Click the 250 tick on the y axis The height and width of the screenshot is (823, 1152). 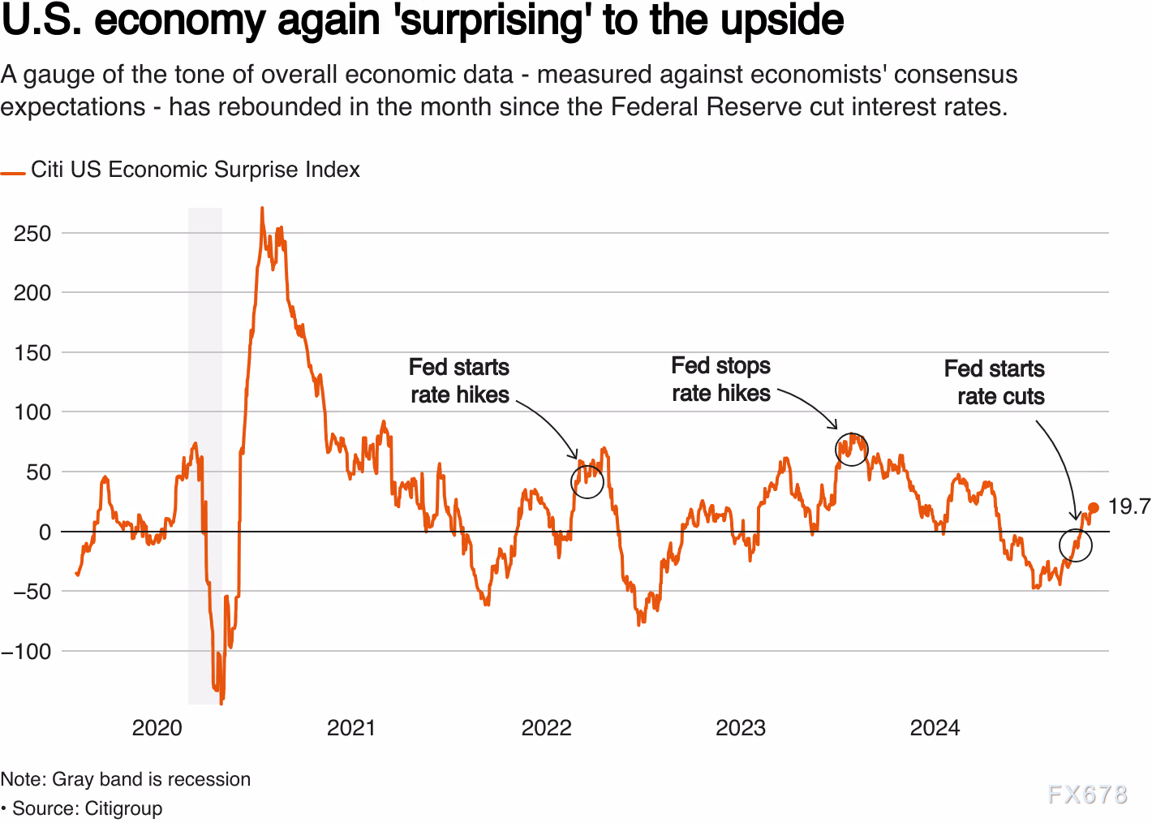pyautogui.click(x=32, y=234)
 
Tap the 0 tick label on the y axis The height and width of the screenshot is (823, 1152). pyautogui.click(x=45, y=532)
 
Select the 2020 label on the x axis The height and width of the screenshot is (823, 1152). pyautogui.click(x=157, y=727)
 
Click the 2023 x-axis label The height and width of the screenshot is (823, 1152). pyautogui.click(x=740, y=727)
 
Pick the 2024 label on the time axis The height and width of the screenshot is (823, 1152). pyautogui.click(x=935, y=727)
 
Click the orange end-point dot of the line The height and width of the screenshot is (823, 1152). pyautogui.click(x=1094, y=508)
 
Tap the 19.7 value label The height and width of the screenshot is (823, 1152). pyautogui.click(x=1128, y=507)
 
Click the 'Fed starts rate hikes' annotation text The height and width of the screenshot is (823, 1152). pyautogui.click(x=459, y=381)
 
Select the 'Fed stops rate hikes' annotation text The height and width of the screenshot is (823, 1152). pyautogui.click(x=720, y=379)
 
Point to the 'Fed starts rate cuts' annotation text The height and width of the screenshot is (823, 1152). pyautogui.click(x=995, y=382)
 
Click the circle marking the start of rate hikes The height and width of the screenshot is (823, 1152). pyautogui.click(x=587, y=480)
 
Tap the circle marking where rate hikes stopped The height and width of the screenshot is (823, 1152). pyautogui.click(x=852, y=449)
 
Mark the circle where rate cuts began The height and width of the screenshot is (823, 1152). pyautogui.click(x=1076, y=545)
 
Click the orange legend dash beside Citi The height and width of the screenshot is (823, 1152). pyautogui.click(x=13, y=173)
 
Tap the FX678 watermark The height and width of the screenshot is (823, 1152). pyautogui.click(x=1087, y=794)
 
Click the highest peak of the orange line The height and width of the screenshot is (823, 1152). pyautogui.click(x=261, y=209)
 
